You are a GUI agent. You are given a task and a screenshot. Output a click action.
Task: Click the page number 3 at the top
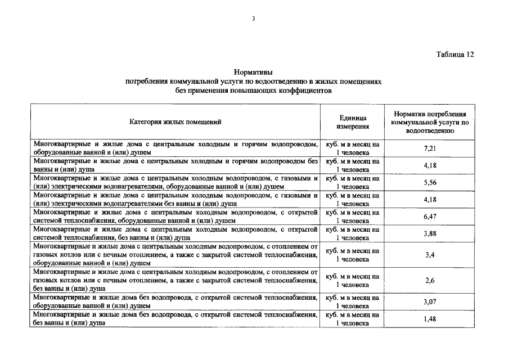(254, 19)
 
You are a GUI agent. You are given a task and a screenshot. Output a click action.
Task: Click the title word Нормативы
(253, 73)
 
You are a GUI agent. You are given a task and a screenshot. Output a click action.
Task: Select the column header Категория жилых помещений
(175, 121)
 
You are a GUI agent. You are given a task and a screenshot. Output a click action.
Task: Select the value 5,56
(430, 183)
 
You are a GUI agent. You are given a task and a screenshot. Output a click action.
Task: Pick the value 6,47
(430, 217)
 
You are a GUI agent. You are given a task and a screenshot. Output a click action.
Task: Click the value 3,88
(430, 233)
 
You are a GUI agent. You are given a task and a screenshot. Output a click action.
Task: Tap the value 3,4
(430, 255)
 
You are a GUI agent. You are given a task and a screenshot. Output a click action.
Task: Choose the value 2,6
(430, 280)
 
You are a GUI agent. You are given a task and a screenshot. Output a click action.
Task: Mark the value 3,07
(430, 301)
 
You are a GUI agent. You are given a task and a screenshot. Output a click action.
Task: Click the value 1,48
(430, 319)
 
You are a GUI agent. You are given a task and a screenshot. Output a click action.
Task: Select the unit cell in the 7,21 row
(353, 148)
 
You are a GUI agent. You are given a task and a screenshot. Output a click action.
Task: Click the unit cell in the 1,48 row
(353, 319)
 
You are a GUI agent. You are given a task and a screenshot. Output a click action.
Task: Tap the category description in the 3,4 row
(175, 254)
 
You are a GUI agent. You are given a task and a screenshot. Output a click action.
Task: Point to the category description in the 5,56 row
(175, 182)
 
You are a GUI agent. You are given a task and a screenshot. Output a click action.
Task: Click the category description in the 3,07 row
(175, 301)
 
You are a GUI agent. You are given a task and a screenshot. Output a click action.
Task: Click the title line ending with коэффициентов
(253, 90)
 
